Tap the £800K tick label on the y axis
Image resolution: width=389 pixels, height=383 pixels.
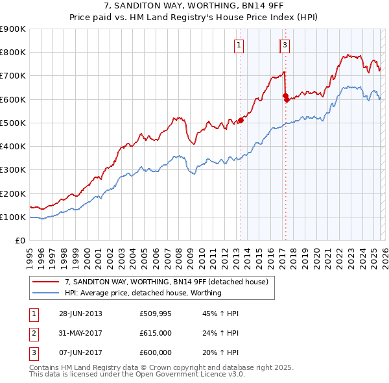click(13, 53)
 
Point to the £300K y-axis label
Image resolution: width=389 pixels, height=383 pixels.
click(13, 170)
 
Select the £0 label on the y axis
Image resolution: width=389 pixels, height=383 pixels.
click(21, 241)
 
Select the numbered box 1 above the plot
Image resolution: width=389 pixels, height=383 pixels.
click(239, 45)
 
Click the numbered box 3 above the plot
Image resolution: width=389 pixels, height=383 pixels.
click(285, 45)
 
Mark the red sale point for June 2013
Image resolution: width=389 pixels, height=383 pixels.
click(241, 120)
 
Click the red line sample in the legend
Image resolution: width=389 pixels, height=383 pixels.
click(45, 282)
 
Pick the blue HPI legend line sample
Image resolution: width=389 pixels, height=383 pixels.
click(45, 293)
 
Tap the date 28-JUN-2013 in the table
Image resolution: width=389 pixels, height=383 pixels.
click(80, 313)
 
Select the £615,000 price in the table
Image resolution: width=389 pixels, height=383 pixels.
click(156, 333)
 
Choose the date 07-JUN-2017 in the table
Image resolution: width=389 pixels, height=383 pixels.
click(80, 352)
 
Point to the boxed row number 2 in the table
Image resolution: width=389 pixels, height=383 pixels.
click(34, 333)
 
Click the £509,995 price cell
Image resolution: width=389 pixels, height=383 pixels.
click(156, 313)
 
